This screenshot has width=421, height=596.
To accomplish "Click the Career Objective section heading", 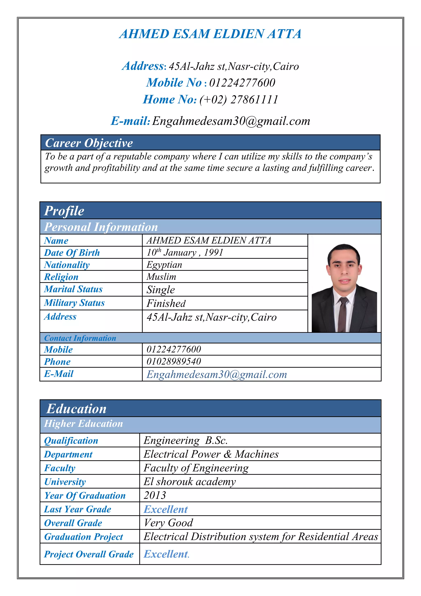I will [89, 143].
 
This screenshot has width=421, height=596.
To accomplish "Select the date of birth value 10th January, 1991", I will [185, 253].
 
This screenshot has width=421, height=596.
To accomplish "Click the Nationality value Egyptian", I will [164, 265].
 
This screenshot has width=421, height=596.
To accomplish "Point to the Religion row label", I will [61, 277].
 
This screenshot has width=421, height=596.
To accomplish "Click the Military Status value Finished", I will [166, 303].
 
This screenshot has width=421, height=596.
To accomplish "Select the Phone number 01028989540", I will [174, 361].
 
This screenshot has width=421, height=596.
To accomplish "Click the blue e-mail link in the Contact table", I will [217, 374].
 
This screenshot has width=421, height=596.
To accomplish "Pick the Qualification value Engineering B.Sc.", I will [186, 440].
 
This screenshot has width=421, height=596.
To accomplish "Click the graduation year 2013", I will [155, 495].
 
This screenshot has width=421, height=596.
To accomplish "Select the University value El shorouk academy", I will [190, 482].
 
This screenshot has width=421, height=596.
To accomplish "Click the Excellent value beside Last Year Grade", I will [166, 509].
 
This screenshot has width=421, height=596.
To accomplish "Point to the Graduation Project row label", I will [83, 537].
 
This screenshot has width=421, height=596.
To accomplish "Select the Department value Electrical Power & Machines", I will [211, 454].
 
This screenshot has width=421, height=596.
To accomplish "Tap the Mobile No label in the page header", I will [174, 83].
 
